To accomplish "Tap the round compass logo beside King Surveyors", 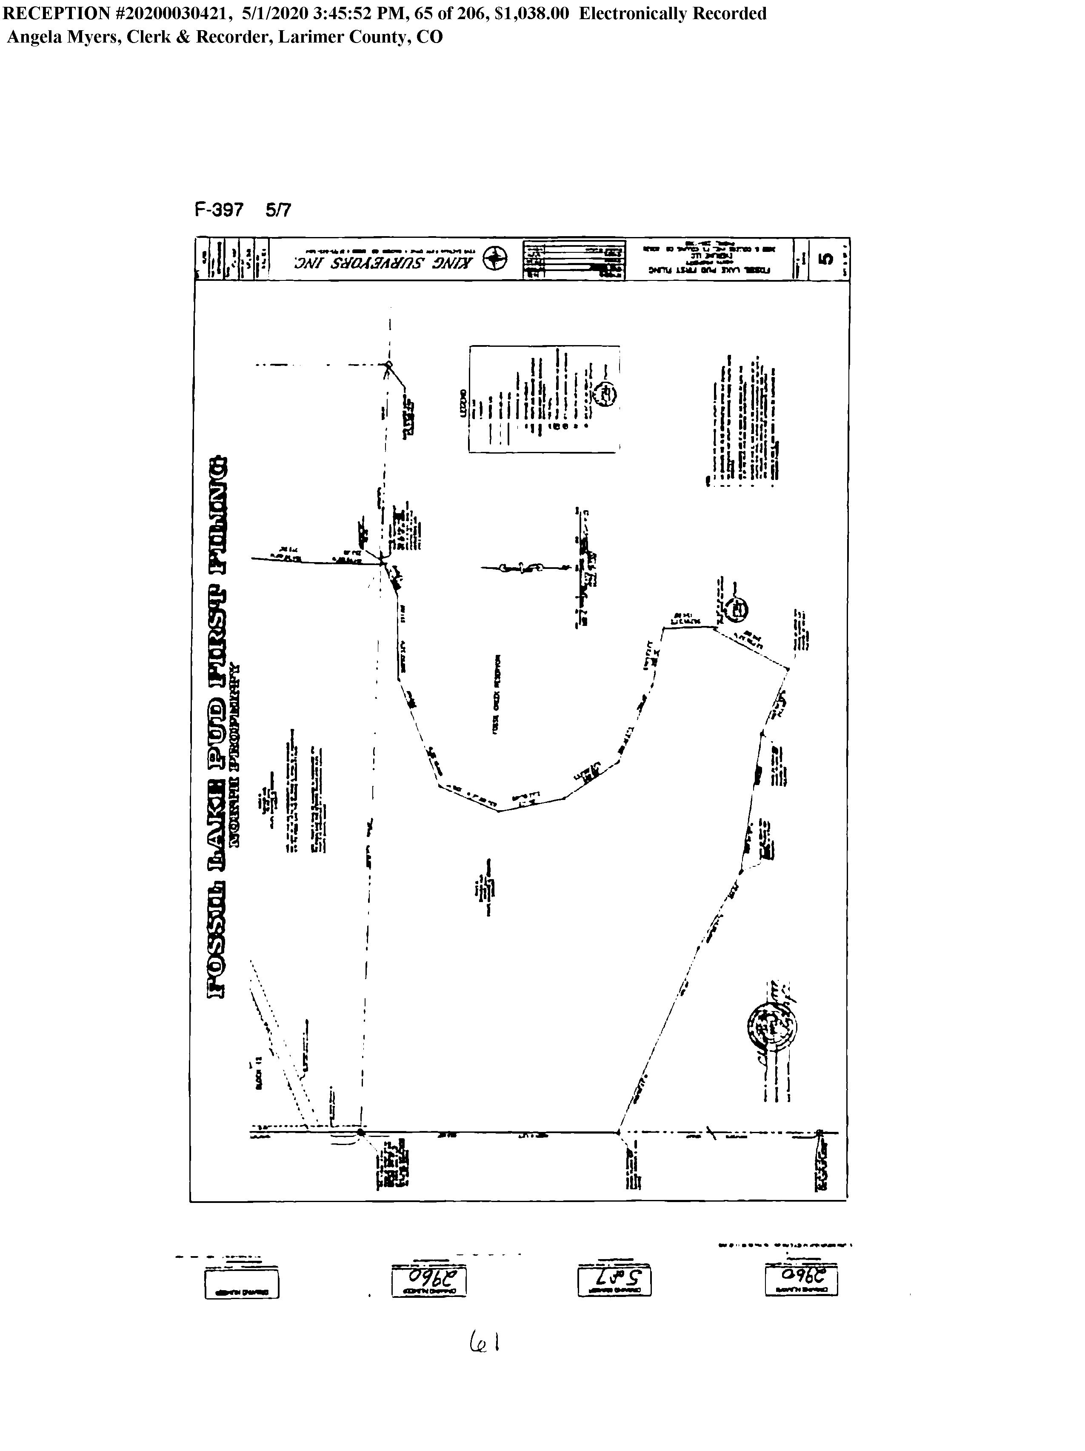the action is point(494,260).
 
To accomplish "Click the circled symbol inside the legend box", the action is point(605,394).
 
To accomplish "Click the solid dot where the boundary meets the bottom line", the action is point(361,1132).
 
